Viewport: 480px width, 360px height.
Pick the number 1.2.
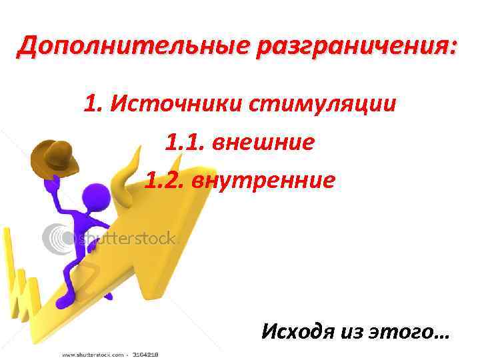click(x=167, y=180)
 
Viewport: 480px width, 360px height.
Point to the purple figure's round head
click(x=93, y=197)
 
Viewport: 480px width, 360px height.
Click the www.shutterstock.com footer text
click(x=93, y=354)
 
